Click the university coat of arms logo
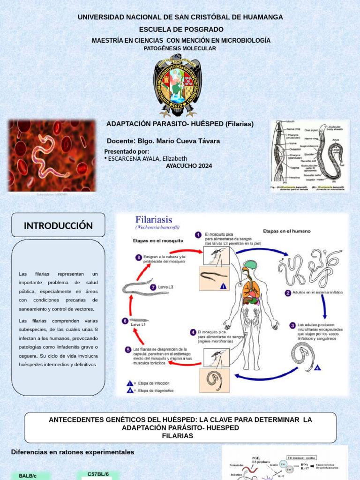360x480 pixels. click(178, 85)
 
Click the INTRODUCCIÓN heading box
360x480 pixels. click(58, 225)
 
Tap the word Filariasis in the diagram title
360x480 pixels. click(154, 219)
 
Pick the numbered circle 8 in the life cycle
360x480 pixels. click(139, 257)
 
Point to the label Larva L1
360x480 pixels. click(137, 324)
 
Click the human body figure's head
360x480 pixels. click(249, 265)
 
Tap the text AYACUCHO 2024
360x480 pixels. click(189, 166)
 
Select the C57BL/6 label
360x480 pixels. click(98, 474)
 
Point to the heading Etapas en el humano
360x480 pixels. click(286, 231)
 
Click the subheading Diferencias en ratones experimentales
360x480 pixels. click(73, 452)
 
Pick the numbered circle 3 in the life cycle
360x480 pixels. click(292, 325)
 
